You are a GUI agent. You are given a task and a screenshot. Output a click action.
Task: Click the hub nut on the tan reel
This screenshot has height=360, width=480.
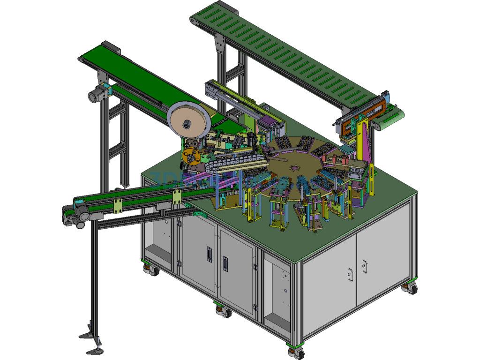pos(187,124)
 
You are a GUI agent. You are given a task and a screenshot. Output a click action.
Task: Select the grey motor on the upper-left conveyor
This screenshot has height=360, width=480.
pos(97,96)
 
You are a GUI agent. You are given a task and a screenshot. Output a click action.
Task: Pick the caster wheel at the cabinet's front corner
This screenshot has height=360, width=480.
pos(296,351)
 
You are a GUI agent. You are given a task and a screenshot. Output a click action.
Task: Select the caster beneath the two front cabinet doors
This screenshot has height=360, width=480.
pos(224,310)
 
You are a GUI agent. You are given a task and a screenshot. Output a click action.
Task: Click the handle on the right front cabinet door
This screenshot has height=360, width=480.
pos(225,263)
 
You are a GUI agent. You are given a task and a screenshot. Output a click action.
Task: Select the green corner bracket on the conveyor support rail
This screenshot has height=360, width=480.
pos(200,214)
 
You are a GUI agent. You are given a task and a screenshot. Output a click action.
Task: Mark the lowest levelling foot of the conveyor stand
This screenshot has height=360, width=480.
pos(93,350)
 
